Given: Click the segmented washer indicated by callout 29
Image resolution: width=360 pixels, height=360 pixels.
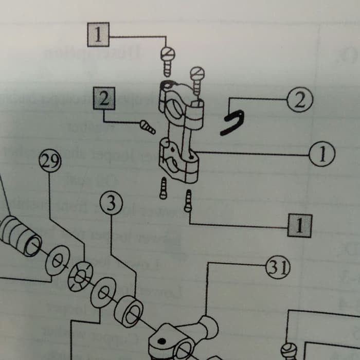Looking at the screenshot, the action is tap(80, 276).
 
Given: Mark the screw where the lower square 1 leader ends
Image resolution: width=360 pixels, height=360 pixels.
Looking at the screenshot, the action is tap(189, 201).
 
